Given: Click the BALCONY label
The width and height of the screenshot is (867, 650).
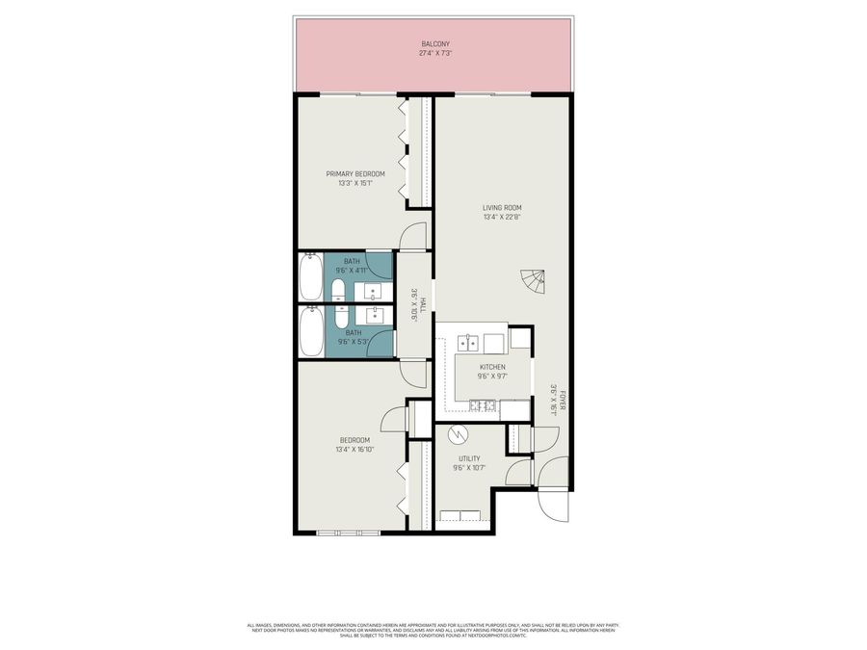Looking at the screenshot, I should tap(434, 44).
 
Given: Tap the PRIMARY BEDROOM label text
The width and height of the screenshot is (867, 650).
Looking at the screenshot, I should tap(355, 173).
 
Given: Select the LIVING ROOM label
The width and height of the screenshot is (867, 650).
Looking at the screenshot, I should tap(502, 207).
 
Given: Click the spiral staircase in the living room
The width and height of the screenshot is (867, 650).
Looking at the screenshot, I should tap(533, 282).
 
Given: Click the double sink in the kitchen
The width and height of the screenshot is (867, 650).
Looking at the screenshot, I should tap(470, 342).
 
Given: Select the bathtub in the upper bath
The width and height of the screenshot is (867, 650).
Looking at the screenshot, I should tap(309, 277).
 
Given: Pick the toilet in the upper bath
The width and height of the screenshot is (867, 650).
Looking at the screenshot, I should tap(338, 291).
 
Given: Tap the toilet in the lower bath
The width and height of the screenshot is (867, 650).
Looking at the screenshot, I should tap(340, 317).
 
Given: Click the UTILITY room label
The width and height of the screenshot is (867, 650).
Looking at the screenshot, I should tap(468, 458).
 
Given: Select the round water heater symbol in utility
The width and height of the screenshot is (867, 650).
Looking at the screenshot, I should tap(460, 434).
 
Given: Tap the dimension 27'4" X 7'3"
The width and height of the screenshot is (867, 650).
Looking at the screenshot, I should tap(434, 54).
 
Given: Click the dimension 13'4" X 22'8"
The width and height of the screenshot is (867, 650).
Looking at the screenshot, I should tap(502, 217).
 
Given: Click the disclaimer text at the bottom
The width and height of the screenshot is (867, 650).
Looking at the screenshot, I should tap(433, 629).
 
